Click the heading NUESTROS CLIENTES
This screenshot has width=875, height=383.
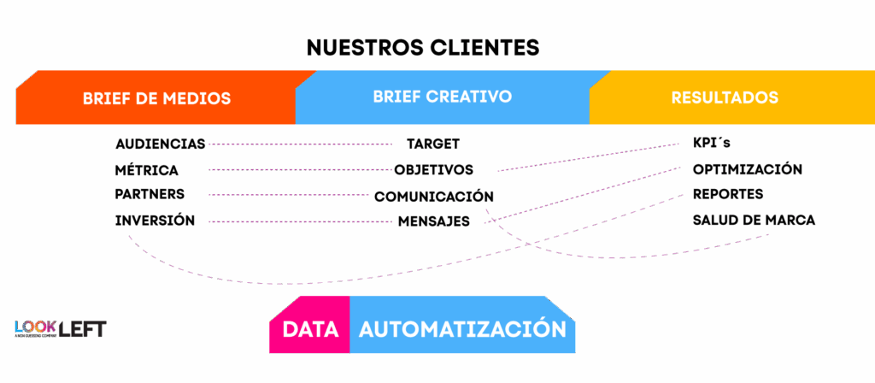422,46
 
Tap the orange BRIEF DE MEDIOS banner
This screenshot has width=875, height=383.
156,98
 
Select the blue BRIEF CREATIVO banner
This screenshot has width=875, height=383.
442,97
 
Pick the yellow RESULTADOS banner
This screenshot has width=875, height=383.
725,97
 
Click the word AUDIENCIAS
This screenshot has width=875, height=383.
160,144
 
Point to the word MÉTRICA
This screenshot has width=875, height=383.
146,169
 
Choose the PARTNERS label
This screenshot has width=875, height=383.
150,194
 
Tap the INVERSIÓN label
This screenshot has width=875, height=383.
155,221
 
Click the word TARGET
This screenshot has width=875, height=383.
432,144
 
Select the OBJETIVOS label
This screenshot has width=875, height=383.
433,169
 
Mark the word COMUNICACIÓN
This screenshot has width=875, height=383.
434,197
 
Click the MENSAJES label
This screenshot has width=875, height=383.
433,221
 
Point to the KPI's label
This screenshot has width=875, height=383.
711,143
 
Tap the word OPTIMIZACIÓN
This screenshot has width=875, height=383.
747,169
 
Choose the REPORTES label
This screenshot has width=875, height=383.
727,194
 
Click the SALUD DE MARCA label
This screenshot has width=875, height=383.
753,221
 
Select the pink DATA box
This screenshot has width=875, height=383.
309,329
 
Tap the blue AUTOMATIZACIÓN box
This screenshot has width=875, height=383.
462,329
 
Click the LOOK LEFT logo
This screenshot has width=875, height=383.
60,328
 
